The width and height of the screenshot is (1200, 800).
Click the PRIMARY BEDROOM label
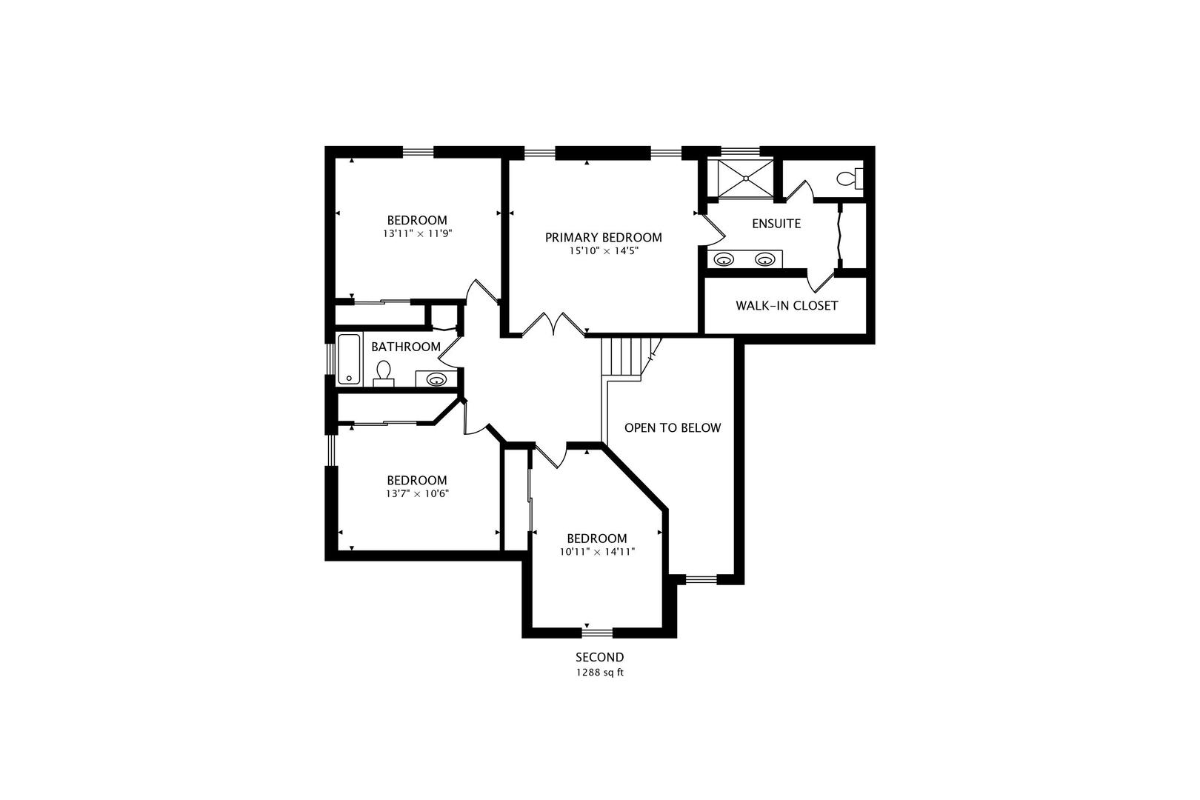(x=603, y=238)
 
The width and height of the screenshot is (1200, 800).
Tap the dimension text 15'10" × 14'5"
(x=603, y=251)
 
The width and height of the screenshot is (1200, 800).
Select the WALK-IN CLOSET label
(x=786, y=305)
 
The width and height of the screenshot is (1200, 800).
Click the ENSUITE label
(x=776, y=224)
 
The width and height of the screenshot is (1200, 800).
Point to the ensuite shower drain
(x=745, y=178)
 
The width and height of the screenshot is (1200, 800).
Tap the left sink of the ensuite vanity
(x=724, y=259)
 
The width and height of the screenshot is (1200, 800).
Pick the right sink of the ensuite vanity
(x=764, y=259)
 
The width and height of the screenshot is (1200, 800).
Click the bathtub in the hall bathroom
(x=349, y=359)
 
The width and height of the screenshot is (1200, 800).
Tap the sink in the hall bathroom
(x=436, y=380)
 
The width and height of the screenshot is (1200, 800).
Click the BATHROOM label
(x=405, y=347)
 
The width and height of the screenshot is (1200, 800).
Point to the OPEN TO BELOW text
(x=672, y=428)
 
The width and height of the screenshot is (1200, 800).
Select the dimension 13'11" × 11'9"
(x=417, y=233)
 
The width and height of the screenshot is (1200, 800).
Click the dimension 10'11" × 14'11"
(x=597, y=552)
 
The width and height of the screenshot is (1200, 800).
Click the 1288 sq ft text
(x=599, y=673)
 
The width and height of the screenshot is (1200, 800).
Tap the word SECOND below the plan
(x=599, y=657)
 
